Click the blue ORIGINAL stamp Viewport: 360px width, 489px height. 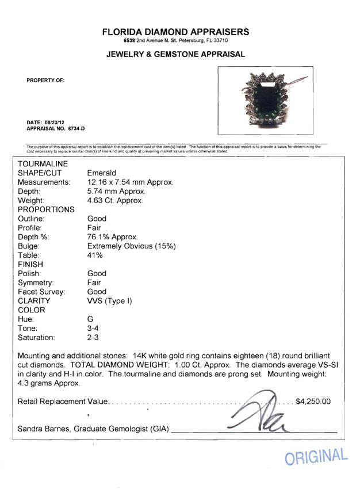[x=316, y=457]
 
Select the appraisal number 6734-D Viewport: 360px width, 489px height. [x=74, y=129]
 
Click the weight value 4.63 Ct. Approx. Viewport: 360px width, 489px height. [x=115, y=200]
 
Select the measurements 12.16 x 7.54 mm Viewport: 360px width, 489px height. [x=130, y=182]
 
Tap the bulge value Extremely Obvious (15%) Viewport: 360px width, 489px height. [x=132, y=246]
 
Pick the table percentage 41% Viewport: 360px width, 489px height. [x=95, y=255]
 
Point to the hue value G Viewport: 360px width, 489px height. [x=90, y=319]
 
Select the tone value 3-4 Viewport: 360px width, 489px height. [x=93, y=328]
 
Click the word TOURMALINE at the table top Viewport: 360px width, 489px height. [x=43, y=164]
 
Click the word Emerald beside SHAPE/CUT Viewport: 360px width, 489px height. [x=102, y=173]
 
